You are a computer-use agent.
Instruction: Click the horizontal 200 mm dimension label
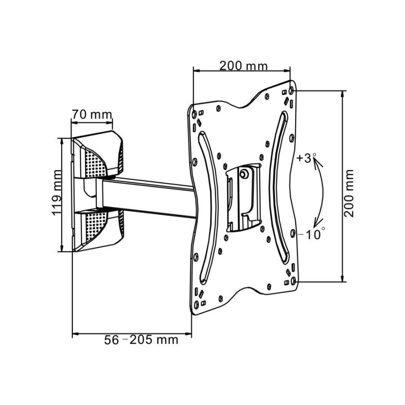coord(244,66)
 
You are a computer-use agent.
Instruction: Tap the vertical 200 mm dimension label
coord(349,193)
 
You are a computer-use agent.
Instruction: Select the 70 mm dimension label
coord(92,114)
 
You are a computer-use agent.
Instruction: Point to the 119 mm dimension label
coord(57,192)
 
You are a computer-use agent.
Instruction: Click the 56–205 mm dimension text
coord(141,340)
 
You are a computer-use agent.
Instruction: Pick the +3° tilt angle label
coord(307,158)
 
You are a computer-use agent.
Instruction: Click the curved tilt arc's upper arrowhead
coord(317,163)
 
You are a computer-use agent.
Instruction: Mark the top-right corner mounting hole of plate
coord(292,91)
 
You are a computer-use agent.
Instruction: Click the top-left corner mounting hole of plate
coord(194,114)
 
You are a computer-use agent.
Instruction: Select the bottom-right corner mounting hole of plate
coord(293,281)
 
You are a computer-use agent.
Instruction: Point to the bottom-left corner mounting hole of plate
coord(196,304)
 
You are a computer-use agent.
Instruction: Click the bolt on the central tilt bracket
coord(244,174)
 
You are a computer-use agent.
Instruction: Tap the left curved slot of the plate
coord(209,207)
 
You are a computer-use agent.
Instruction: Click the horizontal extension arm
coord(147,197)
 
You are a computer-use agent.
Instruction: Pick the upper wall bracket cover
coord(98,155)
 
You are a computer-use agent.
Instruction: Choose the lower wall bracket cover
coord(98,230)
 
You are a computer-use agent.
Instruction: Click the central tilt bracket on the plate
coord(244,197)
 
